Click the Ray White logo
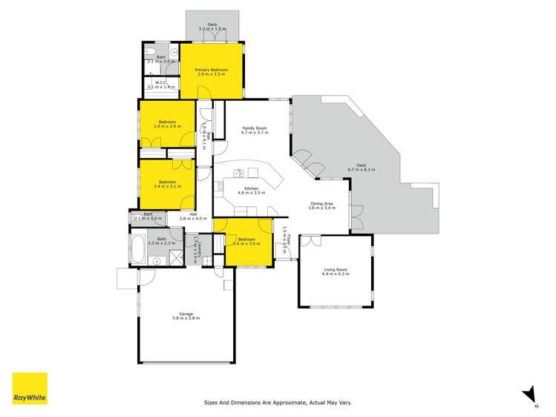30,390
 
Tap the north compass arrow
529,394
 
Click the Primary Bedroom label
212,70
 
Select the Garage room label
185,313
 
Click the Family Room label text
255,128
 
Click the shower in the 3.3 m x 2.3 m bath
177,257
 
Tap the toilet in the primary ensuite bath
151,53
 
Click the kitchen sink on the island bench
240,174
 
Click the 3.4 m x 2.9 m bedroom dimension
167,126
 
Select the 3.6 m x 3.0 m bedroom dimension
246,243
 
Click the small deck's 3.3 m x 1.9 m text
212,29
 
